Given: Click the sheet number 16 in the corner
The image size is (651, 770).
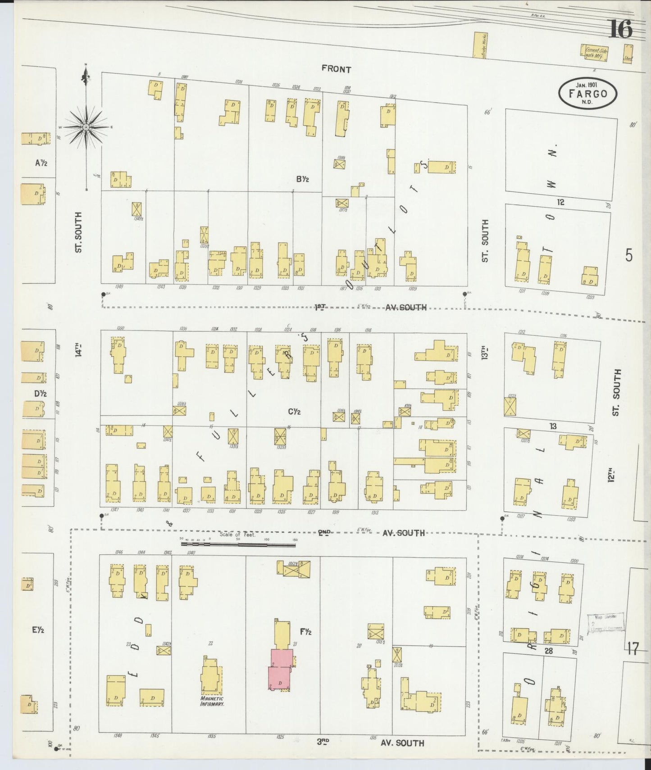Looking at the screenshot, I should [621, 30].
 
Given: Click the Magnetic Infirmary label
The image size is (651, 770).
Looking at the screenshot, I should [212, 715].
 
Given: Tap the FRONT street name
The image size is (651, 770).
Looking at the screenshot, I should [336, 69].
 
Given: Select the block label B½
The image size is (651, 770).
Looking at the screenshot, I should [302, 179].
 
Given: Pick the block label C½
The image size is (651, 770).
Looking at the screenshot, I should [294, 411].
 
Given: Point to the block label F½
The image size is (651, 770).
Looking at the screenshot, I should [305, 632].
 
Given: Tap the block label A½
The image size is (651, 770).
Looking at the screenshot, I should [41, 163].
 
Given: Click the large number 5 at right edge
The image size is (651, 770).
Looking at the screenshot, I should [629, 255].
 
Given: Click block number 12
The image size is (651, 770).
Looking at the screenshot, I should [560, 202].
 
